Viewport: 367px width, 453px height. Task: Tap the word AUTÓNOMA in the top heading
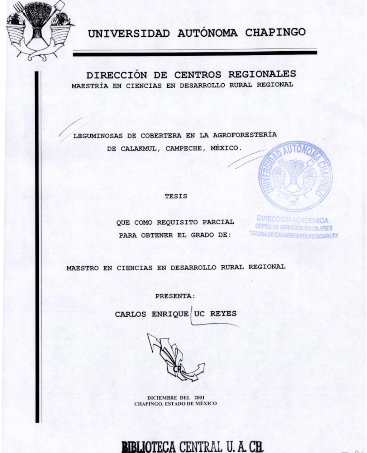pyautogui.click(x=207, y=33)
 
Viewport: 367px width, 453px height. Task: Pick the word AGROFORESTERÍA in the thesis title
pyautogui.click(x=245, y=135)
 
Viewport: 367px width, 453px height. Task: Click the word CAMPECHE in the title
pyautogui.click(x=184, y=148)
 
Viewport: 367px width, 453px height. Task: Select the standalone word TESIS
pyautogui.click(x=176, y=196)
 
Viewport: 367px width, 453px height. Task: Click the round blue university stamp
pyautogui.click(x=296, y=176)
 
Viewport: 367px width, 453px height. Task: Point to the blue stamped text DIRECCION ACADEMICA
pyautogui.click(x=292, y=220)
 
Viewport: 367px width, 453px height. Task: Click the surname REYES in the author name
pyautogui.click(x=223, y=313)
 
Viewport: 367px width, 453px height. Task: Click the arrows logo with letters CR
pyautogui.click(x=175, y=357)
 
